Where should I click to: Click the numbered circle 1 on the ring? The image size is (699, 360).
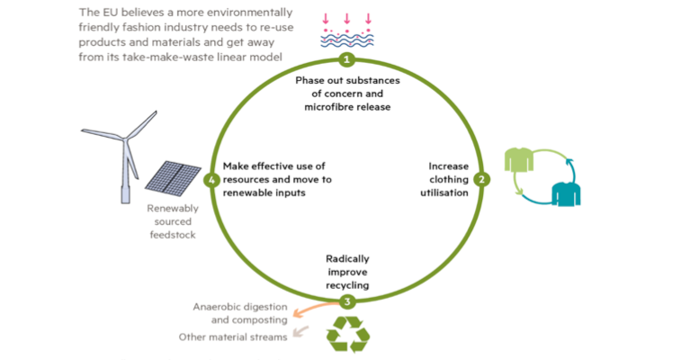pyautogui.click(x=347, y=60)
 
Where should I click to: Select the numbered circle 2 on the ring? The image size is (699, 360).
pyautogui.click(x=482, y=179)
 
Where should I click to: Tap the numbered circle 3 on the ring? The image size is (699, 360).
pyautogui.click(x=348, y=301)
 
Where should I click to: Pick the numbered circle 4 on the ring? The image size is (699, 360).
pyautogui.click(x=212, y=180)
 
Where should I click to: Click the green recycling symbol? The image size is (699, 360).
pyautogui.click(x=347, y=333)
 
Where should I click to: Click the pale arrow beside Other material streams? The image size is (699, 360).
pyautogui.click(x=302, y=333)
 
